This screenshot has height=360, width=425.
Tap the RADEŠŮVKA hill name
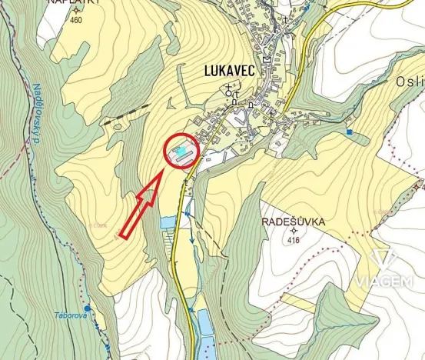pyautogui.click(x=294, y=222)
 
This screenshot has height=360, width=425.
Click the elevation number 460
pyautogui.click(x=75, y=20)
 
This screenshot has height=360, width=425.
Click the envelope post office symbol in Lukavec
pyautogui.click(x=265, y=59)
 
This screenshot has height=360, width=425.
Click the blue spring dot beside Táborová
pyautogui.click(x=86, y=307)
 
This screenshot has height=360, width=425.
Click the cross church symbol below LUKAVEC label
pyautogui.click(x=228, y=87)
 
